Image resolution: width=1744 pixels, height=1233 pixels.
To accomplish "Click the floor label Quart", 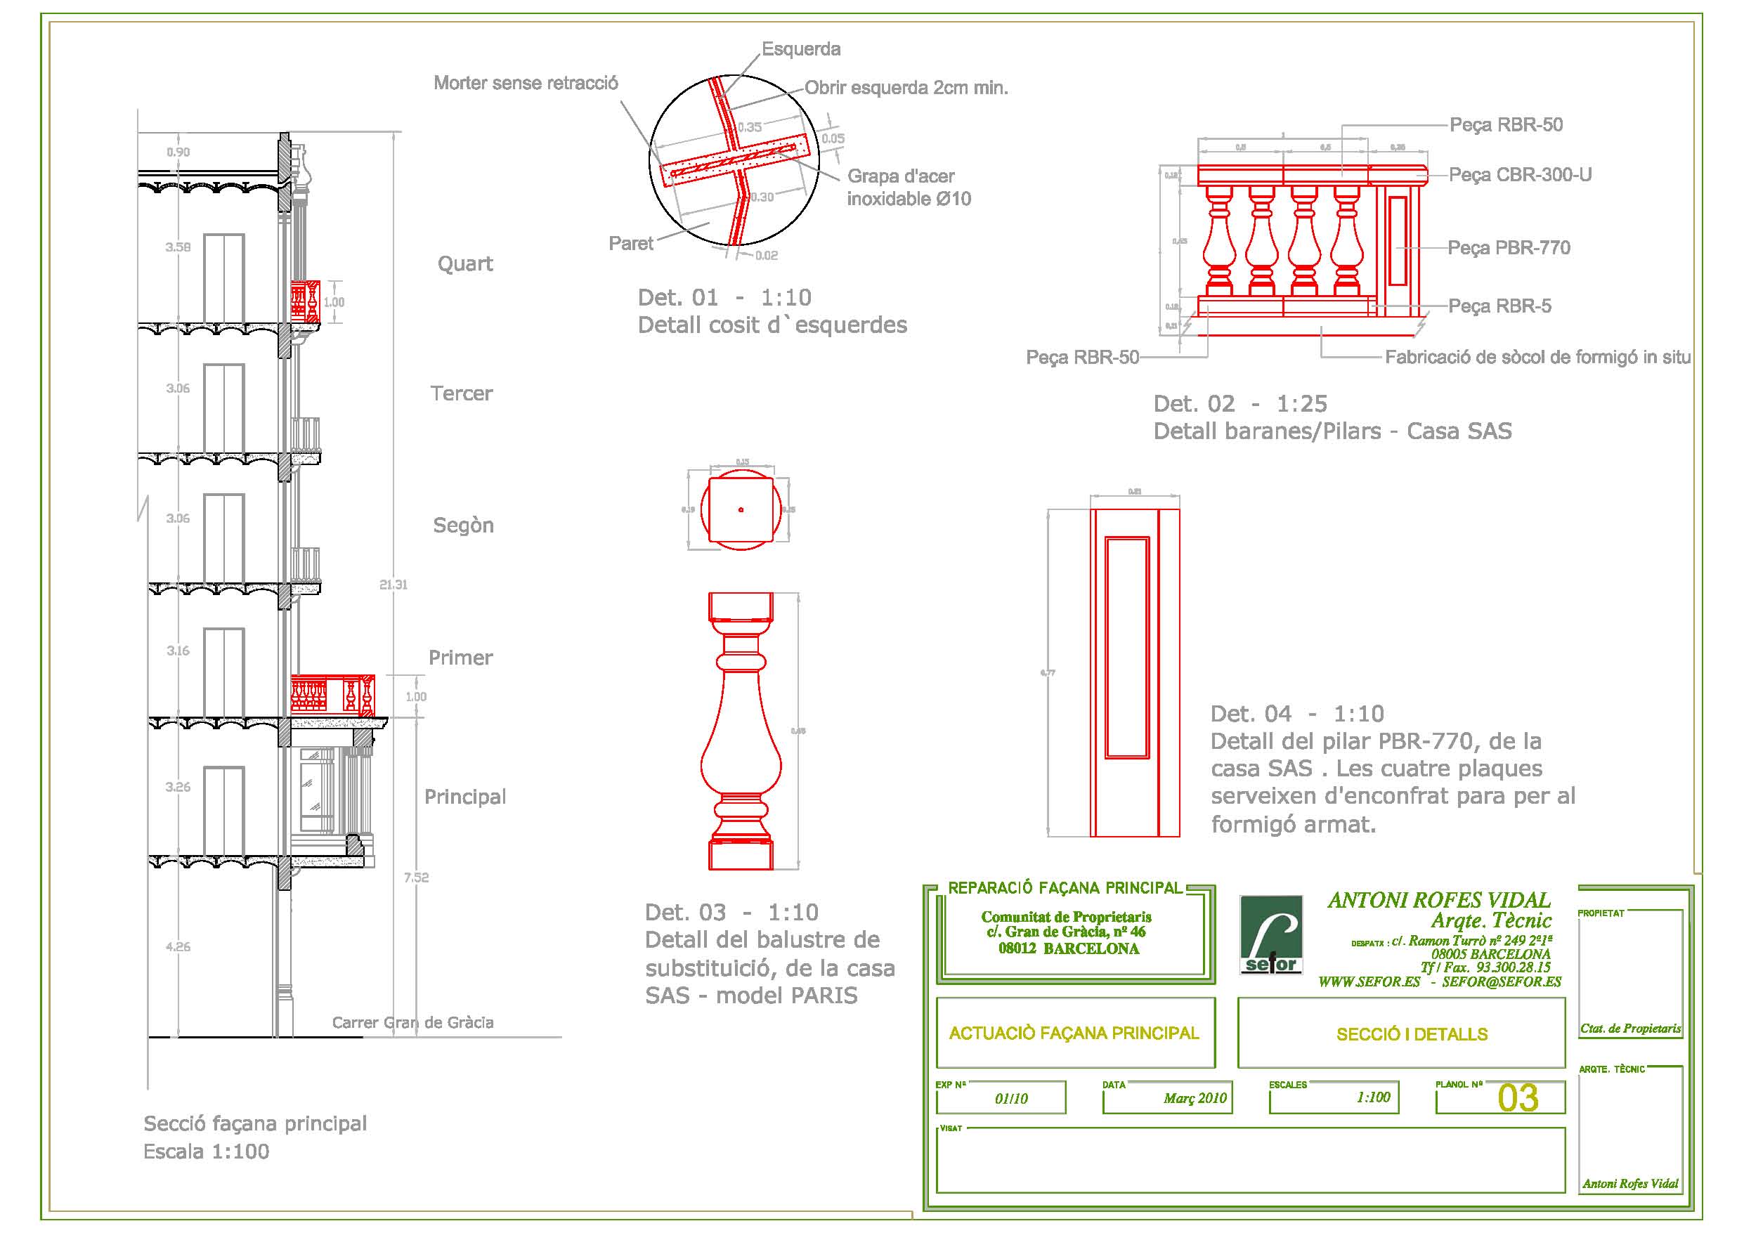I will tap(465, 263).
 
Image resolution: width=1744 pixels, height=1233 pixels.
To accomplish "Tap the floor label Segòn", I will tap(463, 525).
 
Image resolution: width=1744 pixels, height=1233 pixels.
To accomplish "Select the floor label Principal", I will tap(465, 796).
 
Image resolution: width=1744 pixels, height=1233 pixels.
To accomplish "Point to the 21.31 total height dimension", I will tap(393, 585).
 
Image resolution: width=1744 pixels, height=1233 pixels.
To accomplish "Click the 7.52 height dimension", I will tap(416, 878).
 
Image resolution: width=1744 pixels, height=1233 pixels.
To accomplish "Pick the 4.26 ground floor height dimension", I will tap(178, 946).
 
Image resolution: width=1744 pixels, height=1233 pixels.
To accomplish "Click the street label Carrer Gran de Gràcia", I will tap(412, 1022).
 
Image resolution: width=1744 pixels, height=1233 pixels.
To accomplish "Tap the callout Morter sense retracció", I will tap(526, 83).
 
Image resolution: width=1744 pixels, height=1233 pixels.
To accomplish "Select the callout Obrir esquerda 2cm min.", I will tap(906, 88).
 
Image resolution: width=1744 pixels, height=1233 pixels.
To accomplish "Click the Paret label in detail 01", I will tap(630, 243).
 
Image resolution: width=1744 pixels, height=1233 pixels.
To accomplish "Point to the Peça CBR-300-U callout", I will tap(1520, 175).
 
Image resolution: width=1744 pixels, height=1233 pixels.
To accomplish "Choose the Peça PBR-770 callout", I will tap(1509, 248).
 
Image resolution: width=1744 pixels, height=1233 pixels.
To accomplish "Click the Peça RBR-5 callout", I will tap(1499, 306).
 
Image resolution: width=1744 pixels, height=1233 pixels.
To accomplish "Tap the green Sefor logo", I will tap(1272, 934).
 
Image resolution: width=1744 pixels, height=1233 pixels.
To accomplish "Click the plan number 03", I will tap(1518, 1098).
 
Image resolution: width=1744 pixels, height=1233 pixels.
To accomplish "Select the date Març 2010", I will tap(1195, 1099).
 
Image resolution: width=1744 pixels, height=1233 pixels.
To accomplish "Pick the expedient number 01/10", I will tap(1011, 1099).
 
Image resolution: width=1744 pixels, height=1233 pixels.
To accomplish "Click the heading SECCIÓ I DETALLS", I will tap(1412, 1034).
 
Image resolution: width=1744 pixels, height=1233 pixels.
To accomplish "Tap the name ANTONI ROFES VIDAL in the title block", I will tap(1438, 900).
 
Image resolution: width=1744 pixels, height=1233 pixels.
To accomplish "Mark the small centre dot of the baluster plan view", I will tap(741, 510).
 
